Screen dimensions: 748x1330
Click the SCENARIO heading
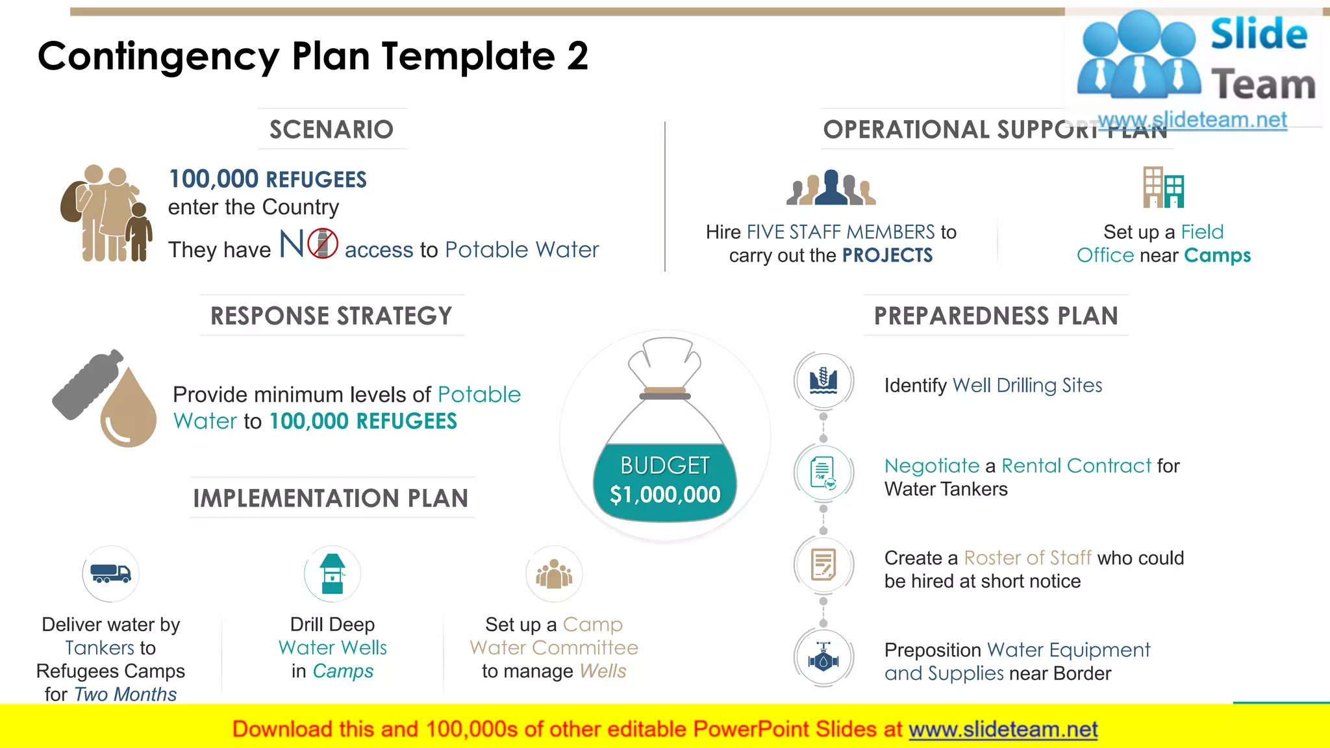[331, 130]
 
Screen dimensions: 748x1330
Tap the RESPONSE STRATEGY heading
[331, 316]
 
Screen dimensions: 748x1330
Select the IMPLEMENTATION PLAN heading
[331, 499]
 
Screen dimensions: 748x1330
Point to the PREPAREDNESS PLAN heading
[996, 316]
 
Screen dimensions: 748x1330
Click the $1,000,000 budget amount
[665, 495]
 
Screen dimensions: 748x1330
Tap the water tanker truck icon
[110, 574]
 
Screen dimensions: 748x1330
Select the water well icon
[332, 574]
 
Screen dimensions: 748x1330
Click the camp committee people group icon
[554, 574]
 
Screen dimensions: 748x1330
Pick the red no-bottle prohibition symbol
[323, 244]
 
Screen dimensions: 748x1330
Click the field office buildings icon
[1164, 188]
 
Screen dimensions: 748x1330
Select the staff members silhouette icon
[831, 188]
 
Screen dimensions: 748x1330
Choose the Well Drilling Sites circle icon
[823, 380]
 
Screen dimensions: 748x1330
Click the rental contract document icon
[823, 473]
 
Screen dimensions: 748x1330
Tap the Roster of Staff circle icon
[823, 565]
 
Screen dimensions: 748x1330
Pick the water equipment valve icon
[823, 658]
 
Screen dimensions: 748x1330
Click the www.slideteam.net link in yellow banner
[1003, 730]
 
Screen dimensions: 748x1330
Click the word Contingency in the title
[158, 56]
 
